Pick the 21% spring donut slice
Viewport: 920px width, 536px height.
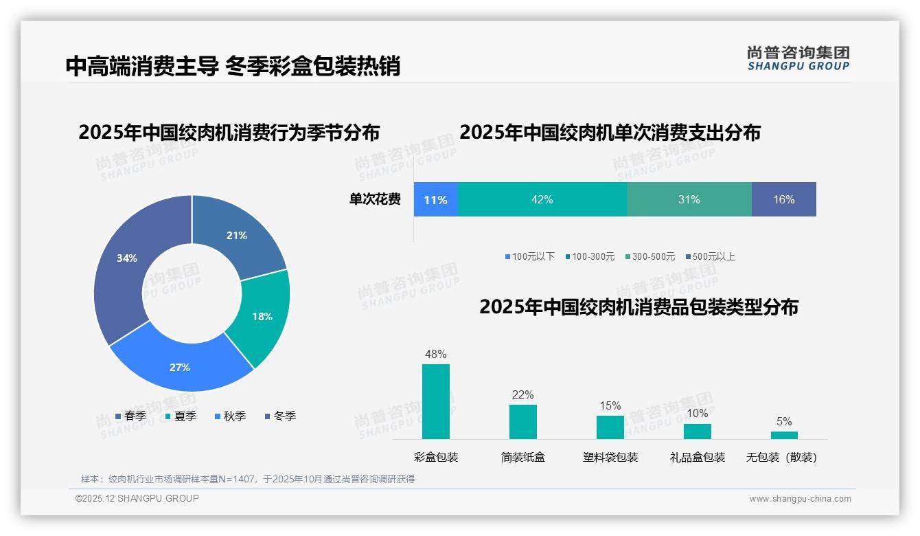pyautogui.click(x=240, y=234)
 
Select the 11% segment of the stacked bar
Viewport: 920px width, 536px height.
pyautogui.click(x=435, y=200)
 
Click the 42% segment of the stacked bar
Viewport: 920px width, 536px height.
pyautogui.click(x=542, y=200)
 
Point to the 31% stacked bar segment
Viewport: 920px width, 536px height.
pyautogui.click(x=689, y=200)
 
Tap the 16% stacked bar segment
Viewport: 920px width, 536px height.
pyautogui.click(x=783, y=200)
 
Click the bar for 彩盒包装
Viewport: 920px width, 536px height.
pyautogui.click(x=436, y=401)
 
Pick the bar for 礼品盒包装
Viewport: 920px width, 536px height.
pyautogui.click(x=698, y=431)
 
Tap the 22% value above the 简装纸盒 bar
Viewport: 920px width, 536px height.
pyautogui.click(x=522, y=395)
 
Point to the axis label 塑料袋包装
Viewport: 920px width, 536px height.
pyautogui.click(x=610, y=457)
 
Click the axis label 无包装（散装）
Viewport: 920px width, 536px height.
pyautogui.click(x=781, y=457)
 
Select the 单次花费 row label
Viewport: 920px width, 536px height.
pyautogui.click(x=375, y=200)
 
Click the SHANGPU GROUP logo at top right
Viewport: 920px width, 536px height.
pyautogui.click(x=798, y=58)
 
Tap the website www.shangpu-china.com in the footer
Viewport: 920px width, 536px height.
pyautogui.click(x=800, y=499)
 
